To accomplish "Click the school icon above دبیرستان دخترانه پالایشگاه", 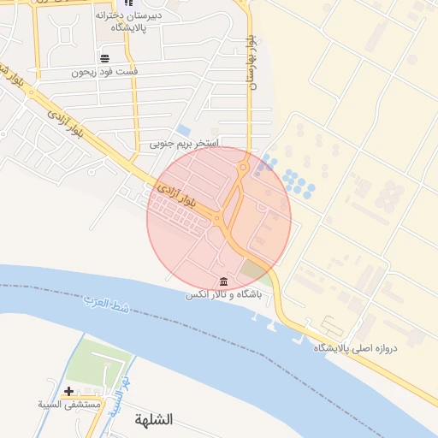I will [128, 3].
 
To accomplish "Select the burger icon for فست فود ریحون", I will [104, 58].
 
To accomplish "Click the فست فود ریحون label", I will [104, 72].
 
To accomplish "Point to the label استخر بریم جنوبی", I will [185, 143].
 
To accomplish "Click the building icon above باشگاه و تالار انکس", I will [223, 282].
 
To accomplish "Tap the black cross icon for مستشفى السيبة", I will [68, 391].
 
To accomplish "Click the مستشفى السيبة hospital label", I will [69, 403].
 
